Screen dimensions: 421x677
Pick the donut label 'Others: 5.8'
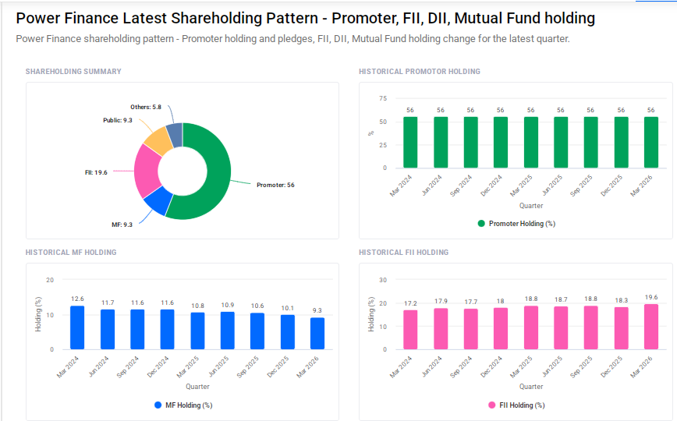point(146,107)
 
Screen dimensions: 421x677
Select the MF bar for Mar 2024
point(77,327)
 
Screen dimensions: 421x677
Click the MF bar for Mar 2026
point(317,333)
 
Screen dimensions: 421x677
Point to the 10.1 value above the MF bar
point(287,308)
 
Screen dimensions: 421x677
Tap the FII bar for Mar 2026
point(650,327)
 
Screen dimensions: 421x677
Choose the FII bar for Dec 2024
point(501,328)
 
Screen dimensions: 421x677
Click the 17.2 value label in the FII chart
point(410,302)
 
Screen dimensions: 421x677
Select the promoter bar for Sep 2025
point(590,142)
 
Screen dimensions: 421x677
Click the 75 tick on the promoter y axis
point(382,98)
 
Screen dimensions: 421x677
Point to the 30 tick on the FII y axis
point(382,280)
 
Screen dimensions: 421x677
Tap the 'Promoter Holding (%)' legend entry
point(516,224)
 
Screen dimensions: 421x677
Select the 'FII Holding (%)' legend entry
point(516,405)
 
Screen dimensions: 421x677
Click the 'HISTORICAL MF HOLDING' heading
point(71,253)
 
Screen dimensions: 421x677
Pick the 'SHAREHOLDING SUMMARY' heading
point(73,72)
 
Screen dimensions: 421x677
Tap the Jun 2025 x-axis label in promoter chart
point(551,188)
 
